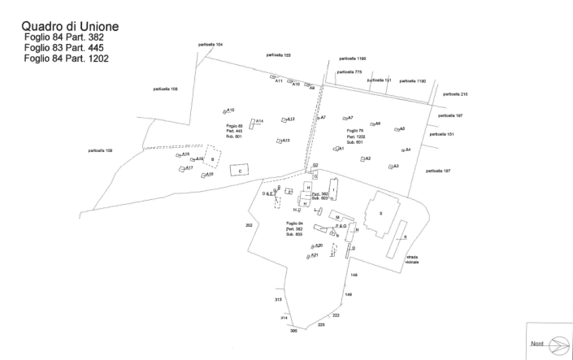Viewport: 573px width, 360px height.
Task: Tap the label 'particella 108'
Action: pyautogui.click(x=154, y=89)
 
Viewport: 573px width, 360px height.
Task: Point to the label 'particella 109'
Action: pyautogui.click(x=99, y=150)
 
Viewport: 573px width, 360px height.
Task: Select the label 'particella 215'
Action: pyautogui.click(x=455, y=94)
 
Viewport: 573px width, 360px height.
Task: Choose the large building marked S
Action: pyautogui.click(x=380, y=214)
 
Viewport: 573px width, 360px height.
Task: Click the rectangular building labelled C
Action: pyautogui.click(x=240, y=171)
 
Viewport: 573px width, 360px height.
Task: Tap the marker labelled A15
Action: pyautogui.click(x=225, y=111)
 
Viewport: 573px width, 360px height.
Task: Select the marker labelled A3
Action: pyautogui.click(x=389, y=167)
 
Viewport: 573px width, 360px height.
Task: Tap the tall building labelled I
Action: pyautogui.click(x=333, y=192)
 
